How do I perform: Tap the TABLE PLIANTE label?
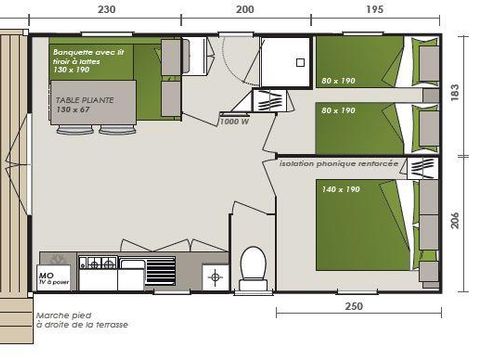[84, 100]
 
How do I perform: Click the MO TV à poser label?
[53, 276]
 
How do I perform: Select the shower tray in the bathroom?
[284, 62]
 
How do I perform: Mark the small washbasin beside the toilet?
[214, 276]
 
